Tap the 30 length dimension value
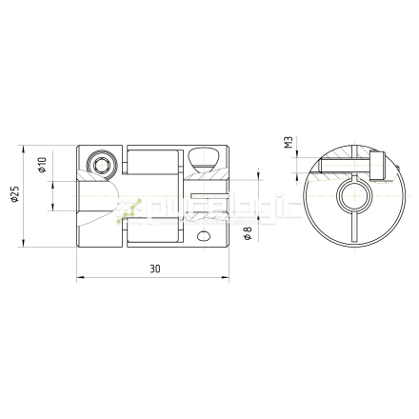click(x=154, y=269)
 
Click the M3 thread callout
click(x=287, y=144)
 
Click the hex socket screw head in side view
click(x=101, y=164)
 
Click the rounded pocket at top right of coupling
click(x=203, y=158)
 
